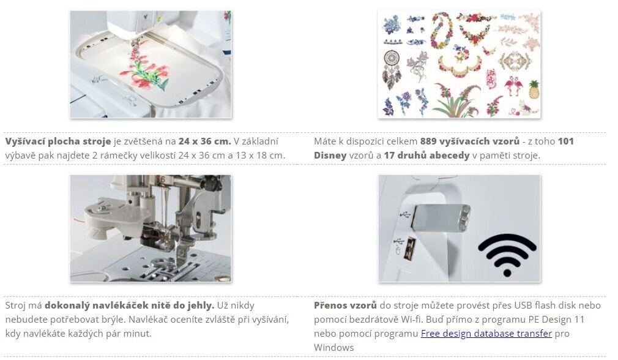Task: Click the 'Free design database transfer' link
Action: click(486, 334)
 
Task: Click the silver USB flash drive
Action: click(441, 217)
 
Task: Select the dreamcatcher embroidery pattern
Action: click(392, 69)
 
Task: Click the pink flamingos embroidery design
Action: click(512, 86)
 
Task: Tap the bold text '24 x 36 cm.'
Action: click(204, 141)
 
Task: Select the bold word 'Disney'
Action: click(330, 156)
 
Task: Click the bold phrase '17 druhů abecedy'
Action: click(426, 156)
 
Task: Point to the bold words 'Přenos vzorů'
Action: click(345, 305)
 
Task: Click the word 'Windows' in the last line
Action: click(334, 348)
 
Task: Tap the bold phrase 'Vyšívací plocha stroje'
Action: click(58, 141)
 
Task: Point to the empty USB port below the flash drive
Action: click(411, 249)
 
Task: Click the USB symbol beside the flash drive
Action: click(404, 216)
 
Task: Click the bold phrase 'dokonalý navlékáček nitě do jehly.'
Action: click(129, 305)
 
